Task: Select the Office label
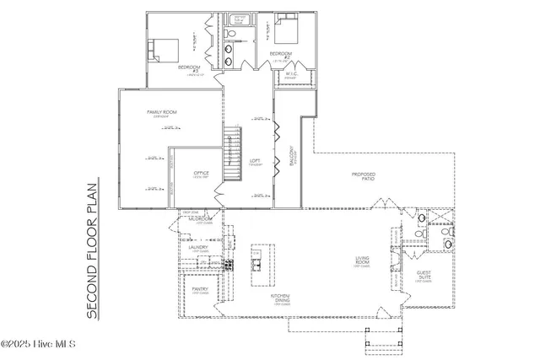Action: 201,174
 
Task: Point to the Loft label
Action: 255,162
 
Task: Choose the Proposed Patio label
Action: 363,176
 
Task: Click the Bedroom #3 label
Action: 189,67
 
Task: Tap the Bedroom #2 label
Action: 280,55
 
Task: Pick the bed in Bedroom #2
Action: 286,33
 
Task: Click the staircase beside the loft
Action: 233,155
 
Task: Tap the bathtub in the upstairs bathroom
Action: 240,20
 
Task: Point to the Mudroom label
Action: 199,219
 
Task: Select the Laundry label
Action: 198,248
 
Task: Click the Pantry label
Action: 200,288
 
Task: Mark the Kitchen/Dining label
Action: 280,299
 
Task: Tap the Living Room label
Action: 362,262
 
